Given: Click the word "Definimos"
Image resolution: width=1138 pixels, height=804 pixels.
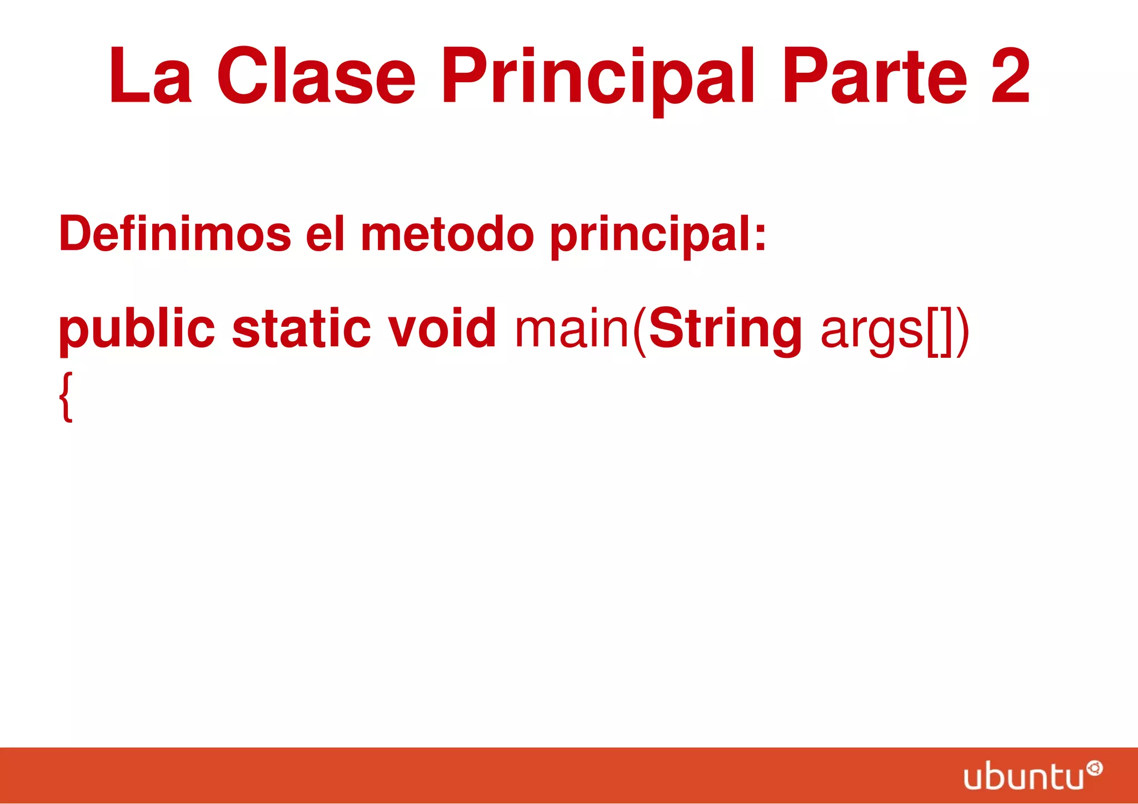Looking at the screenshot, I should [x=175, y=233].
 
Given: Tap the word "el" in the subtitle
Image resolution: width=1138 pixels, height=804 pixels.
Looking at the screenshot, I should [x=326, y=233].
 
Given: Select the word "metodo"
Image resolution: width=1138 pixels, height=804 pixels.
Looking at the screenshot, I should [x=447, y=233].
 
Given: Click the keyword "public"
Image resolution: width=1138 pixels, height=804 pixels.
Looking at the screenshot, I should [x=137, y=331].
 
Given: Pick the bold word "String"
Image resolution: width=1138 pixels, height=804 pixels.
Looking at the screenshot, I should [x=725, y=331].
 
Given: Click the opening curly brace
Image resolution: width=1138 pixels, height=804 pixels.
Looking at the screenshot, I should [x=66, y=397].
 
